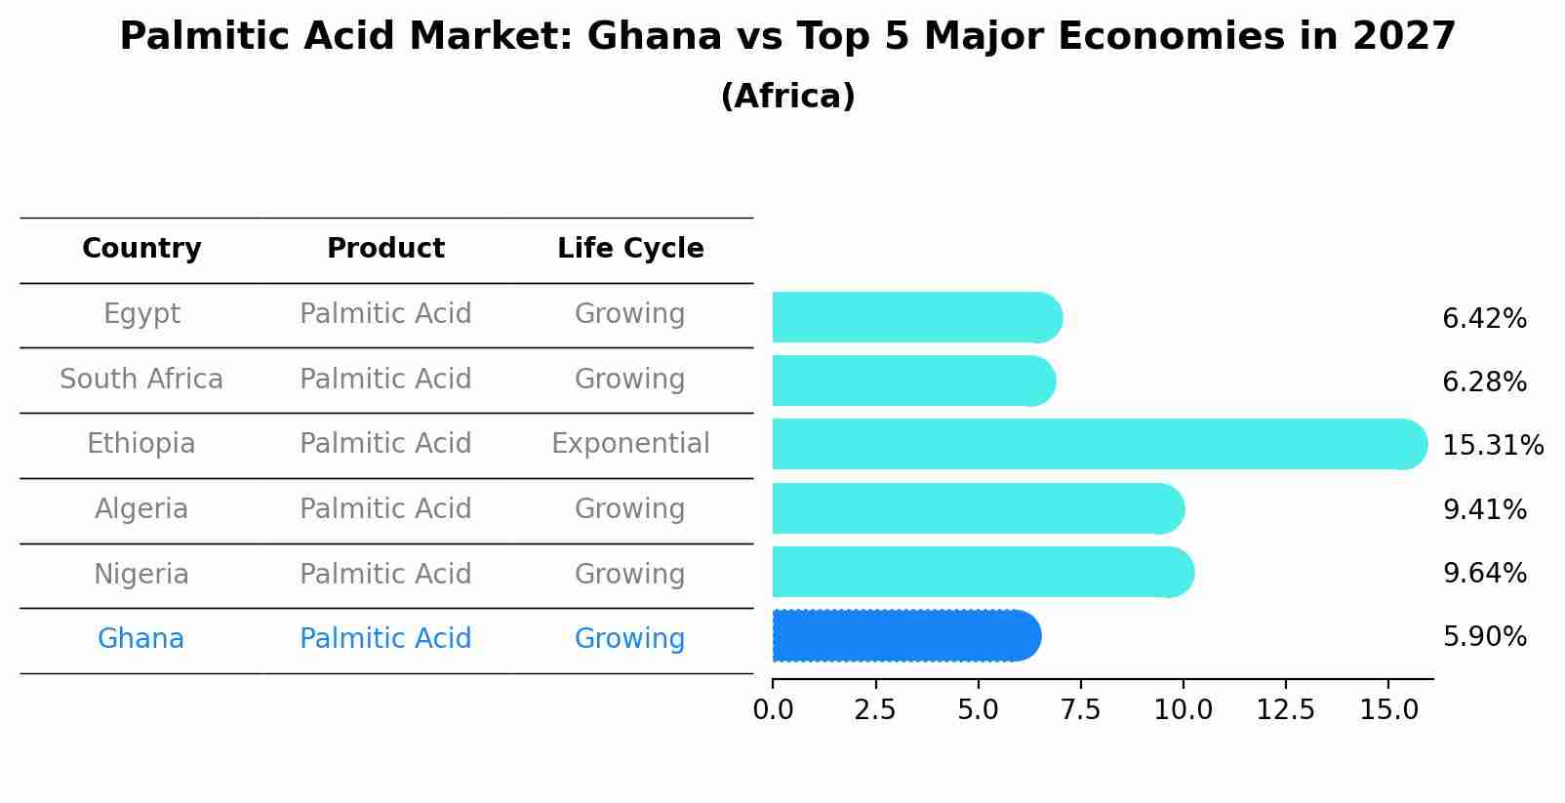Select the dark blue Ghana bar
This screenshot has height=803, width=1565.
[905, 636]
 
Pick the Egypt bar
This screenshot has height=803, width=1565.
[915, 317]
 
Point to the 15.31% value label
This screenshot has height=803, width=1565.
[1492, 446]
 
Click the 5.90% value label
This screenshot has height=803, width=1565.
[1484, 637]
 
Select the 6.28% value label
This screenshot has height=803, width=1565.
[1484, 382]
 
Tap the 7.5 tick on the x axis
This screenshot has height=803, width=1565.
[1080, 709]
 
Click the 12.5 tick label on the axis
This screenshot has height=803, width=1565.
[1285, 709]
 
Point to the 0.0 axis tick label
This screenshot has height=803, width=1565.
[773, 709]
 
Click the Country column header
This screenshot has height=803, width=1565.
[141, 249]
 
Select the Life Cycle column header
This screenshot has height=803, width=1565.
[630, 249]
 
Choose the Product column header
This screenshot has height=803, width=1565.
[385, 249]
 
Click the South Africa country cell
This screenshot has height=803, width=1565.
[141, 379]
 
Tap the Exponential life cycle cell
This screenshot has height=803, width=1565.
[630, 444]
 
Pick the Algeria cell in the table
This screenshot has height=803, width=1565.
[141, 509]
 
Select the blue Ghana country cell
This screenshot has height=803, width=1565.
[141, 639]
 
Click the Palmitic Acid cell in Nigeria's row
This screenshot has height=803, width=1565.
[385, 574]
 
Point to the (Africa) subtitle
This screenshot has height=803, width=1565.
[787, 97]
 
